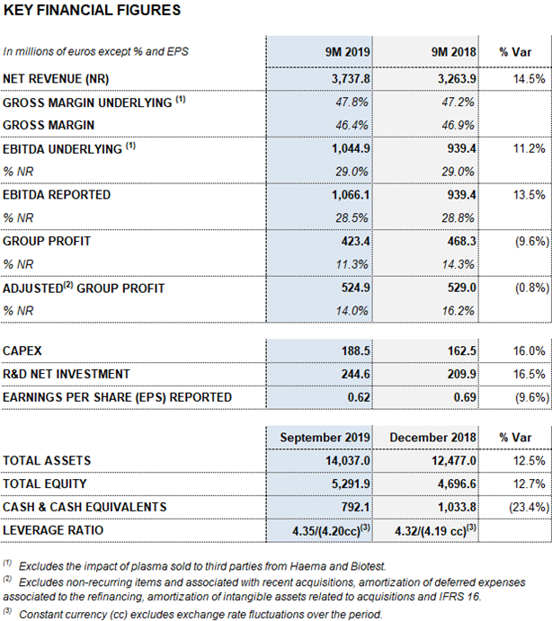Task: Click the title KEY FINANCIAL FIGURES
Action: pyautogui.click(x=92, y=10)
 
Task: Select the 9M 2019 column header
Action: pyautogui.click(x=348, y=52)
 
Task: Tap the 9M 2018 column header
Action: pyautogui.click(x=454, y=52)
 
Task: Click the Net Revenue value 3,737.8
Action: pyautogui.click(x=351, y=79)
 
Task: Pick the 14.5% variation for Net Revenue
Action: pyautogui.click(x=529, y=79)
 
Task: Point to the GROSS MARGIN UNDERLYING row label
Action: pyautogui.click(x=93, y=102)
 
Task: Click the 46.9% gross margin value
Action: pyautogui.click(x=459, y=125)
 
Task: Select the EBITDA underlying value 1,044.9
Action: pyautogui.click(x=351, y=148)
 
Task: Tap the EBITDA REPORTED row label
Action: pyautogui.click(x=57, y=195)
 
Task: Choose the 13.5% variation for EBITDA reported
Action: pyautogui.click(x=529, y=195)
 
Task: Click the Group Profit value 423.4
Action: pyautogui.click(x=355, y=241)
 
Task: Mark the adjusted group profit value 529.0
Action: pyautogui.click(x=462, y=288)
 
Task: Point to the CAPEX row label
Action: pyautogui.click(x=22, y=350)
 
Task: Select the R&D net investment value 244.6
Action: pyautogui.click(x=355, y=374)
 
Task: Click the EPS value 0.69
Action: pyautogui.click(x=465, y=397)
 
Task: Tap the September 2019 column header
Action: pyautogui.click(x=325, y=438)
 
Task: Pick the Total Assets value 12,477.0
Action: pyautogui.click(x=454, y=461)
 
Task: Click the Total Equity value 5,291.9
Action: pyautogui.click(x=351, y=484)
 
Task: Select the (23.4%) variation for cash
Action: pyautogui.click(x=529, y=507)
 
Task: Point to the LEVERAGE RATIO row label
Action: pyautogui.click(x=53, y=530)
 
